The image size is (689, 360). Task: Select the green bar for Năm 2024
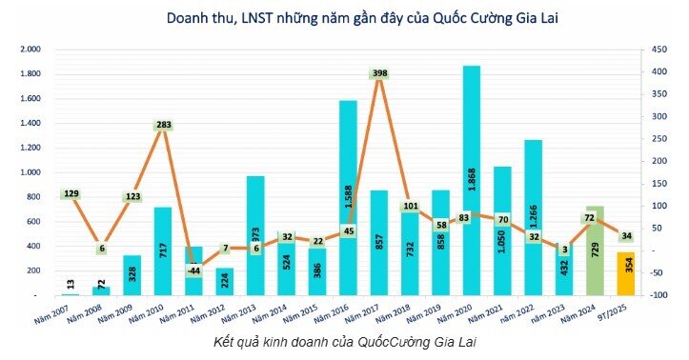595,252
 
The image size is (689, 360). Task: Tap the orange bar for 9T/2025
625,274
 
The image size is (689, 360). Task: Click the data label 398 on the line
380,74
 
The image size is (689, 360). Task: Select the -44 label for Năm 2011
194,270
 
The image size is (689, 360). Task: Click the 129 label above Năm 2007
71,194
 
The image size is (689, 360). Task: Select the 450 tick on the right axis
657,50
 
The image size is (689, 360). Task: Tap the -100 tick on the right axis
658,295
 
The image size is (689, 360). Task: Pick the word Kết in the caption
224,341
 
